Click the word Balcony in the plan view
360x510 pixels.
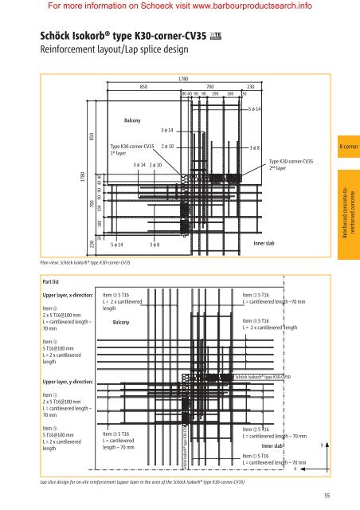click(132, 120)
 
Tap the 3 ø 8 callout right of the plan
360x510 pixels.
click(255, 148)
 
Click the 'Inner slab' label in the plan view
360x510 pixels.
click(264, 242)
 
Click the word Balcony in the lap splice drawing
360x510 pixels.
click(121, 323)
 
